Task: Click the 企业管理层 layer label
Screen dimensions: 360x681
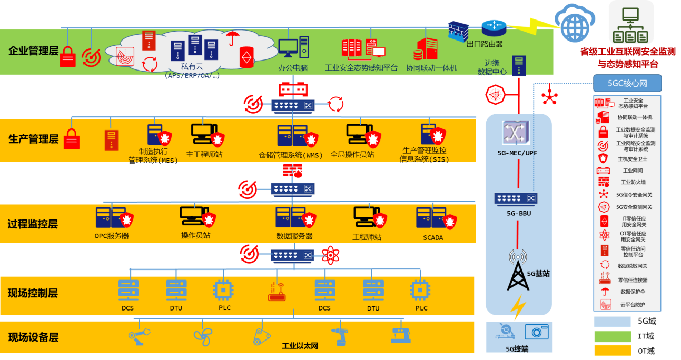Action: point(33,51)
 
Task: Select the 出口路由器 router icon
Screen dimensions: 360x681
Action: point(494,27)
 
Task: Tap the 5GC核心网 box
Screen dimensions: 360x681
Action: point(627,83)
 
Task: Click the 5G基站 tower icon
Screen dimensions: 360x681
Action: point(518,272)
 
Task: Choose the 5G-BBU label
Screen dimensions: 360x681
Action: point(518,214)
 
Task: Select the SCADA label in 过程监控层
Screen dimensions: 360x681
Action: point(433,237)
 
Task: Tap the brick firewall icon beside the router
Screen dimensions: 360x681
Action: point(458,31)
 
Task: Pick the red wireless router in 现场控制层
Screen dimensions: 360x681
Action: point(276,291)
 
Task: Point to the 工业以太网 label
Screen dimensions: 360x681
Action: point(300,346)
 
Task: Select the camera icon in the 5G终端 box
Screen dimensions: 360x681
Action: point(536,332)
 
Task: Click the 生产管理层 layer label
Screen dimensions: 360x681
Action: point(33,139)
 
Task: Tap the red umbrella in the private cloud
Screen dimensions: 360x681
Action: point(231,38)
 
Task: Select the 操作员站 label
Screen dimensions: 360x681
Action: point(195,235)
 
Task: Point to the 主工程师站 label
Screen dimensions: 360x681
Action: point(204,155)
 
